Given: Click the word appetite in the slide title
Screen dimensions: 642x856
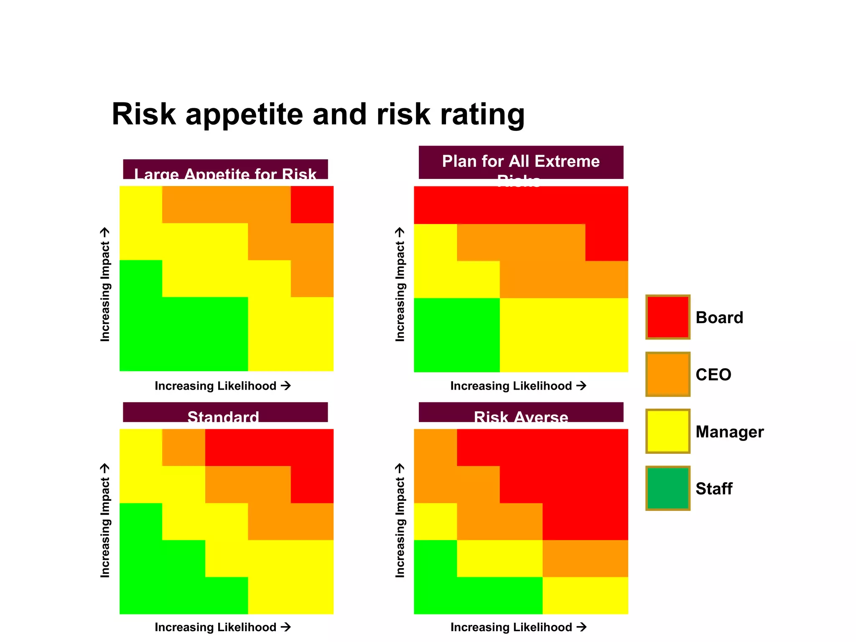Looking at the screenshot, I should pos(244,115).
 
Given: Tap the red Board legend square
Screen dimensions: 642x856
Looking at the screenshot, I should pos(667,317).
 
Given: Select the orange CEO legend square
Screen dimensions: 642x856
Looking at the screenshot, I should pos(667,374).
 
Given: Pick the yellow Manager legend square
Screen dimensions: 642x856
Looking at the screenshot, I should pos(667,431).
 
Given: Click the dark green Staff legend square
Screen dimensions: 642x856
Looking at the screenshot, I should pos(667,488).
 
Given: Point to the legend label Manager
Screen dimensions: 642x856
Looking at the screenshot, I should pos(729,432).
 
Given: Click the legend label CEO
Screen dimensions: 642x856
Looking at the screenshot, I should pos(713,374).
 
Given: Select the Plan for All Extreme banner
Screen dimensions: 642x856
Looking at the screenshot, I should pos(521,162).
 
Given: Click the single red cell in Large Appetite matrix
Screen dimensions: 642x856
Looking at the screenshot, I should pos(312,204).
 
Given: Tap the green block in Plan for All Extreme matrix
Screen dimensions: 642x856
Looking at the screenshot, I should pos(456,335).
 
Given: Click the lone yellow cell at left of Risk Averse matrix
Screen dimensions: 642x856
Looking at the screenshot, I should pos(435,521).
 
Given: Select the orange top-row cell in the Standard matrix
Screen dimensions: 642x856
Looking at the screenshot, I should pos(183,447).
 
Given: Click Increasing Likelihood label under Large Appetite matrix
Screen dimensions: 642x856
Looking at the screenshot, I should pos(222,386).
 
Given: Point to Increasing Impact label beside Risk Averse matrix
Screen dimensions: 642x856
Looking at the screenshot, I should pos(400,520).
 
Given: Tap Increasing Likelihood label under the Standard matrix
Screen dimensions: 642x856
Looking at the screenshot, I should pos(222,627).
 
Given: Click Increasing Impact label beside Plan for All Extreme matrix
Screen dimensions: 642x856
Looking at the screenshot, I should pos(400,284).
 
